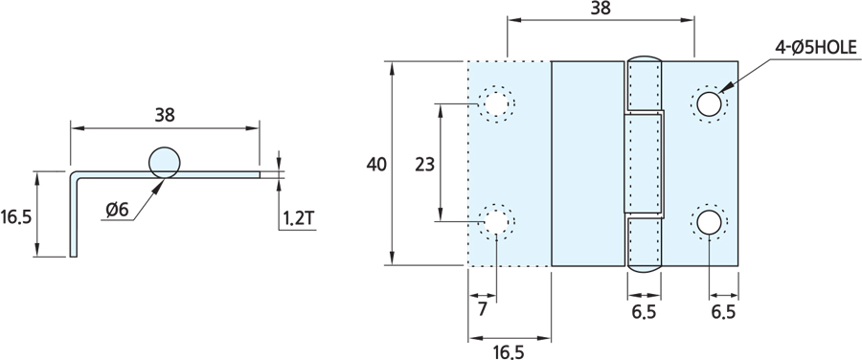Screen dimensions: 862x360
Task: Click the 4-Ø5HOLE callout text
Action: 816,49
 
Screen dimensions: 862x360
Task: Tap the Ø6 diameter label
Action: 117,210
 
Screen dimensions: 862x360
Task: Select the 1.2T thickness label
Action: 299,218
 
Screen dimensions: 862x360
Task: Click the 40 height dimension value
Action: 376,165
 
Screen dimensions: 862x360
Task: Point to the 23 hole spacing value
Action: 424,165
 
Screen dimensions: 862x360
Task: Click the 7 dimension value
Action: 482,309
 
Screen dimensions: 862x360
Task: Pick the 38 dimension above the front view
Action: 601,9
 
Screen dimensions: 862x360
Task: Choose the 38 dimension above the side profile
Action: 165,115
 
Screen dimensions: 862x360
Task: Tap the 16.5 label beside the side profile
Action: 16,217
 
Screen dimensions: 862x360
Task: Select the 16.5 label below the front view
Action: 509,352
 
